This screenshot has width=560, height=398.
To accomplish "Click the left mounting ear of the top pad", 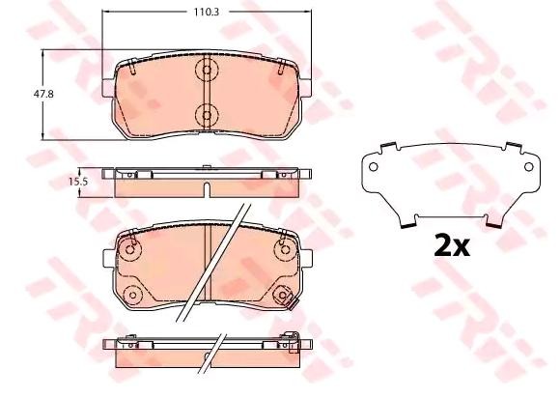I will point(109,82).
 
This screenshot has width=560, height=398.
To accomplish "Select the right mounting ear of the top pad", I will point(302,82).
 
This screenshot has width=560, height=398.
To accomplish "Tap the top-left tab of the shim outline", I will point(384,148).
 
